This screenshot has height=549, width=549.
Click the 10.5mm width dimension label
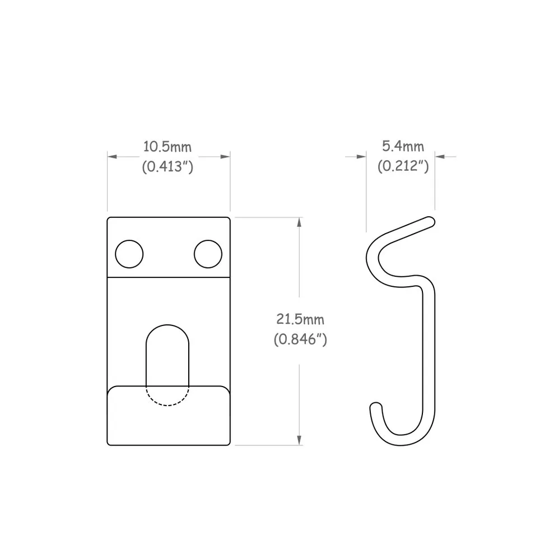pos(168,147)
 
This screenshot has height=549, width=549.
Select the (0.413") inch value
pos(168,166)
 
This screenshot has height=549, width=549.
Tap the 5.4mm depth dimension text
pos(403,147)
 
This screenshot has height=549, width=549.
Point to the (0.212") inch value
pos(403,166)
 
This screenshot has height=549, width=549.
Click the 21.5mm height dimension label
pos(300,319)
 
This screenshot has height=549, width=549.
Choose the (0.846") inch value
pos(300,339)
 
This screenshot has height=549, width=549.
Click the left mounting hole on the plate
pos(129,254)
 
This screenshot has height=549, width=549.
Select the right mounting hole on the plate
pos(208,254)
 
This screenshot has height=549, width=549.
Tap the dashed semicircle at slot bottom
pos(168,397)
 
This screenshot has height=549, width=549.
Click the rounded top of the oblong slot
pos(168,331)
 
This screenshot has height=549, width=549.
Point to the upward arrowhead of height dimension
pos(300,222)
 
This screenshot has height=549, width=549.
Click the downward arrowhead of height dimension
pos(300,440)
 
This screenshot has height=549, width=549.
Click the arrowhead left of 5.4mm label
pos(361,157)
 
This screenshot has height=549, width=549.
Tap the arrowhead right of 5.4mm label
pos(440,157)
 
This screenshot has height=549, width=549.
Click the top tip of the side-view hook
pos(430,221)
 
